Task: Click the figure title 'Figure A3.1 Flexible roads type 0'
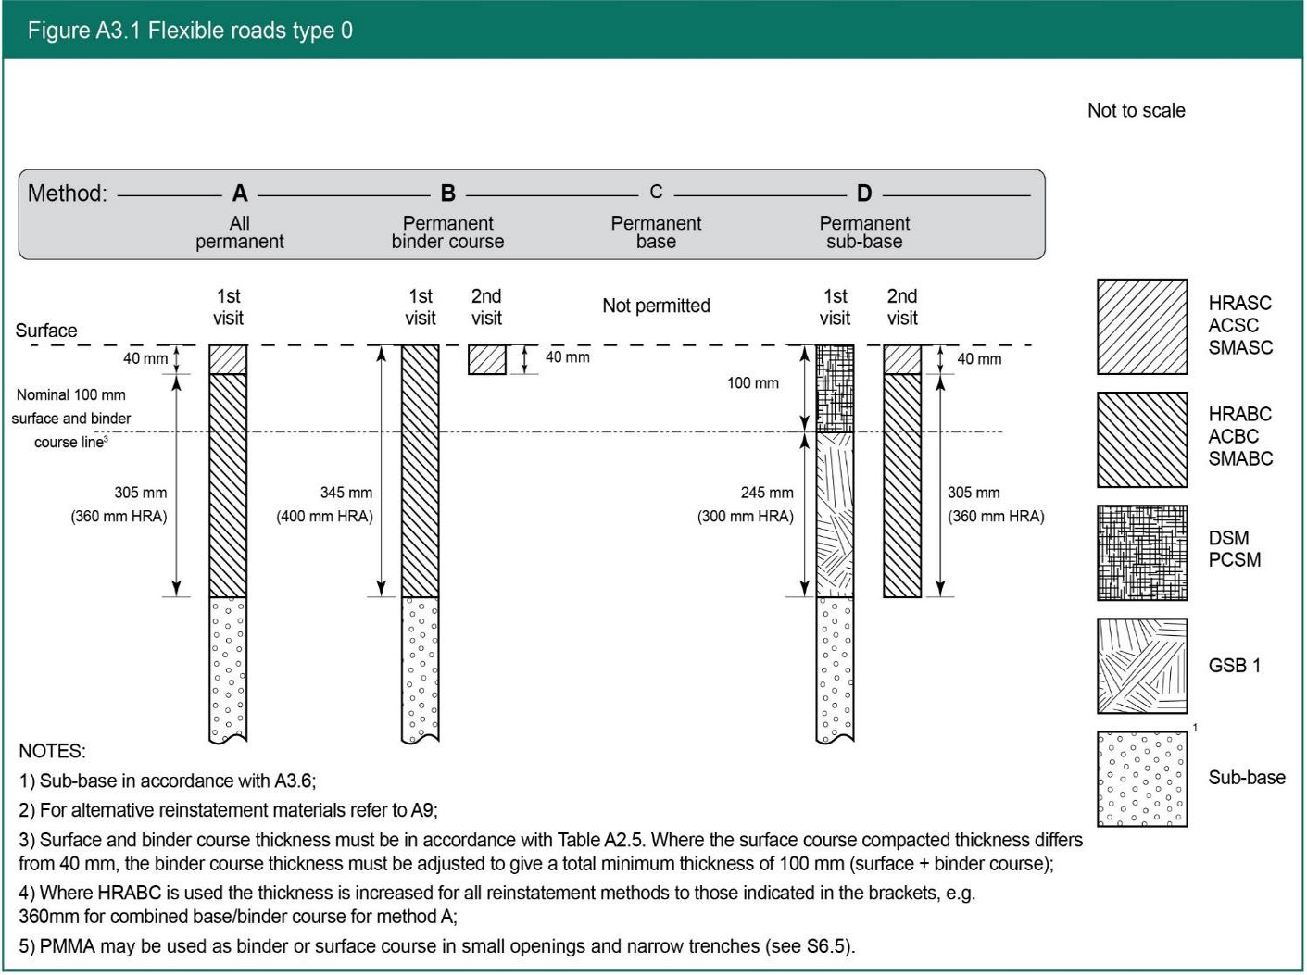click(190, 31)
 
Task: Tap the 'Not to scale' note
click(1136, 111)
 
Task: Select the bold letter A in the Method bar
click(240, 194)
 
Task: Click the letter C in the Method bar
click(656, 192)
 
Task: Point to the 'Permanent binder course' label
click(447, 232)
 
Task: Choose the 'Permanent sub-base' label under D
click(864, 232)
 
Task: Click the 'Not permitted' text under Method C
click(656, 306)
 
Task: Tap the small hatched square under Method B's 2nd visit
click(486, 359)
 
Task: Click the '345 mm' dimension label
click(346, 493)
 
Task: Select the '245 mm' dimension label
click(767, 493)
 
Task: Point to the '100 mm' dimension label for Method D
click(752, 383)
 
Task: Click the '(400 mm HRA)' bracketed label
click(324, 517)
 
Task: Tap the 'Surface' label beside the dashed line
click(46, 331)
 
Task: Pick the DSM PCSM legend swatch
click(1142, 553)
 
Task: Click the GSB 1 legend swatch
click(1142, 666)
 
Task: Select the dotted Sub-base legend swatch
click(1142, 779)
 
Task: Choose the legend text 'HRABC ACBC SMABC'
click(1240, 436)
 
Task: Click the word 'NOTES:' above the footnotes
click(52, 751)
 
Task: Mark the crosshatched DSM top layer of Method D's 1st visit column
click(835, 388)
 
